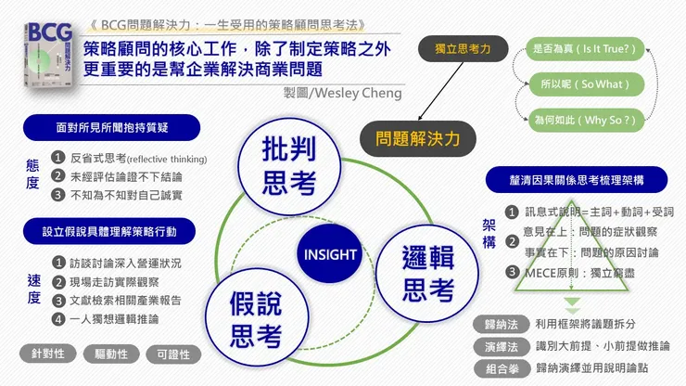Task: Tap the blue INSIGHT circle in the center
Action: click(327, 253)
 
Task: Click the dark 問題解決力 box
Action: click(419, 140)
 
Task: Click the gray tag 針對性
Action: click(47, 354)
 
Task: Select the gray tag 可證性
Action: click(173, 354)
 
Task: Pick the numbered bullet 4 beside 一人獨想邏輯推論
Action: click(59, 319)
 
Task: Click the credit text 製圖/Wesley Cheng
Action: click(345, 95)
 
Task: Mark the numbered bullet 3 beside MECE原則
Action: click(512, 272)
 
